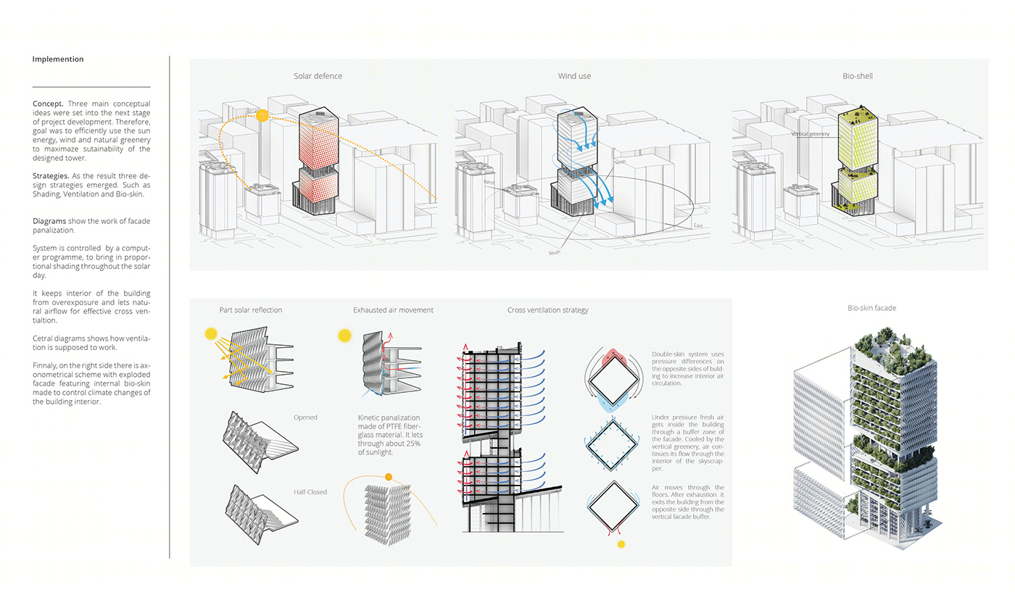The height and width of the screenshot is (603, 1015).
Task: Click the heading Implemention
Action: (58, 59)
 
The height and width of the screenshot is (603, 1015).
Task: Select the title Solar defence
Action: (318, 76)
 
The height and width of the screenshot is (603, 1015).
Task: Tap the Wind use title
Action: (574, 76)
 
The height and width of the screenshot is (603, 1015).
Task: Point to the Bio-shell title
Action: (857, 76)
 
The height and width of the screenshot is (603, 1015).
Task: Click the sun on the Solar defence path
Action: (262, 115)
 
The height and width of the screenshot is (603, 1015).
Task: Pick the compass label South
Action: (554, 252)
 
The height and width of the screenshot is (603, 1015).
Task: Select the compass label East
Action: (697, 225)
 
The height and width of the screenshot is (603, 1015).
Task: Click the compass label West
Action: (489, 182)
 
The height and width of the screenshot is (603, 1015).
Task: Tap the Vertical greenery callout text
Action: (811, 133)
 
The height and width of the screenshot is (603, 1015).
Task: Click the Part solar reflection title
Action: (251, 310)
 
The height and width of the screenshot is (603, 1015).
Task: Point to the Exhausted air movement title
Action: (393, 310)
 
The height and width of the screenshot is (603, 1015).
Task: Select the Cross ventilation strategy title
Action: (548, 310)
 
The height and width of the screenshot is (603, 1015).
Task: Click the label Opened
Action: (305, 417)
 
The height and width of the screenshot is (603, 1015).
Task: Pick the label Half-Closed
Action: (310, 492)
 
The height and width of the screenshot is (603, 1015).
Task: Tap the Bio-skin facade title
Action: (871, 308)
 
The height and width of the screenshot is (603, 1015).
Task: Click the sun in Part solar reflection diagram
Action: (211, 334)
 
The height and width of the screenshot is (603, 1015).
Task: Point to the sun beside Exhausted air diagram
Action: (345, 336)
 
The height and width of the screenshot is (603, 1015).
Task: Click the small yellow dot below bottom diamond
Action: (621, 544)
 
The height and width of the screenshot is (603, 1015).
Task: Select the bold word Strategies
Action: (51, 176)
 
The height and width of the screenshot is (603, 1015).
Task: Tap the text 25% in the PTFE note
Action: (413, 444)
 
